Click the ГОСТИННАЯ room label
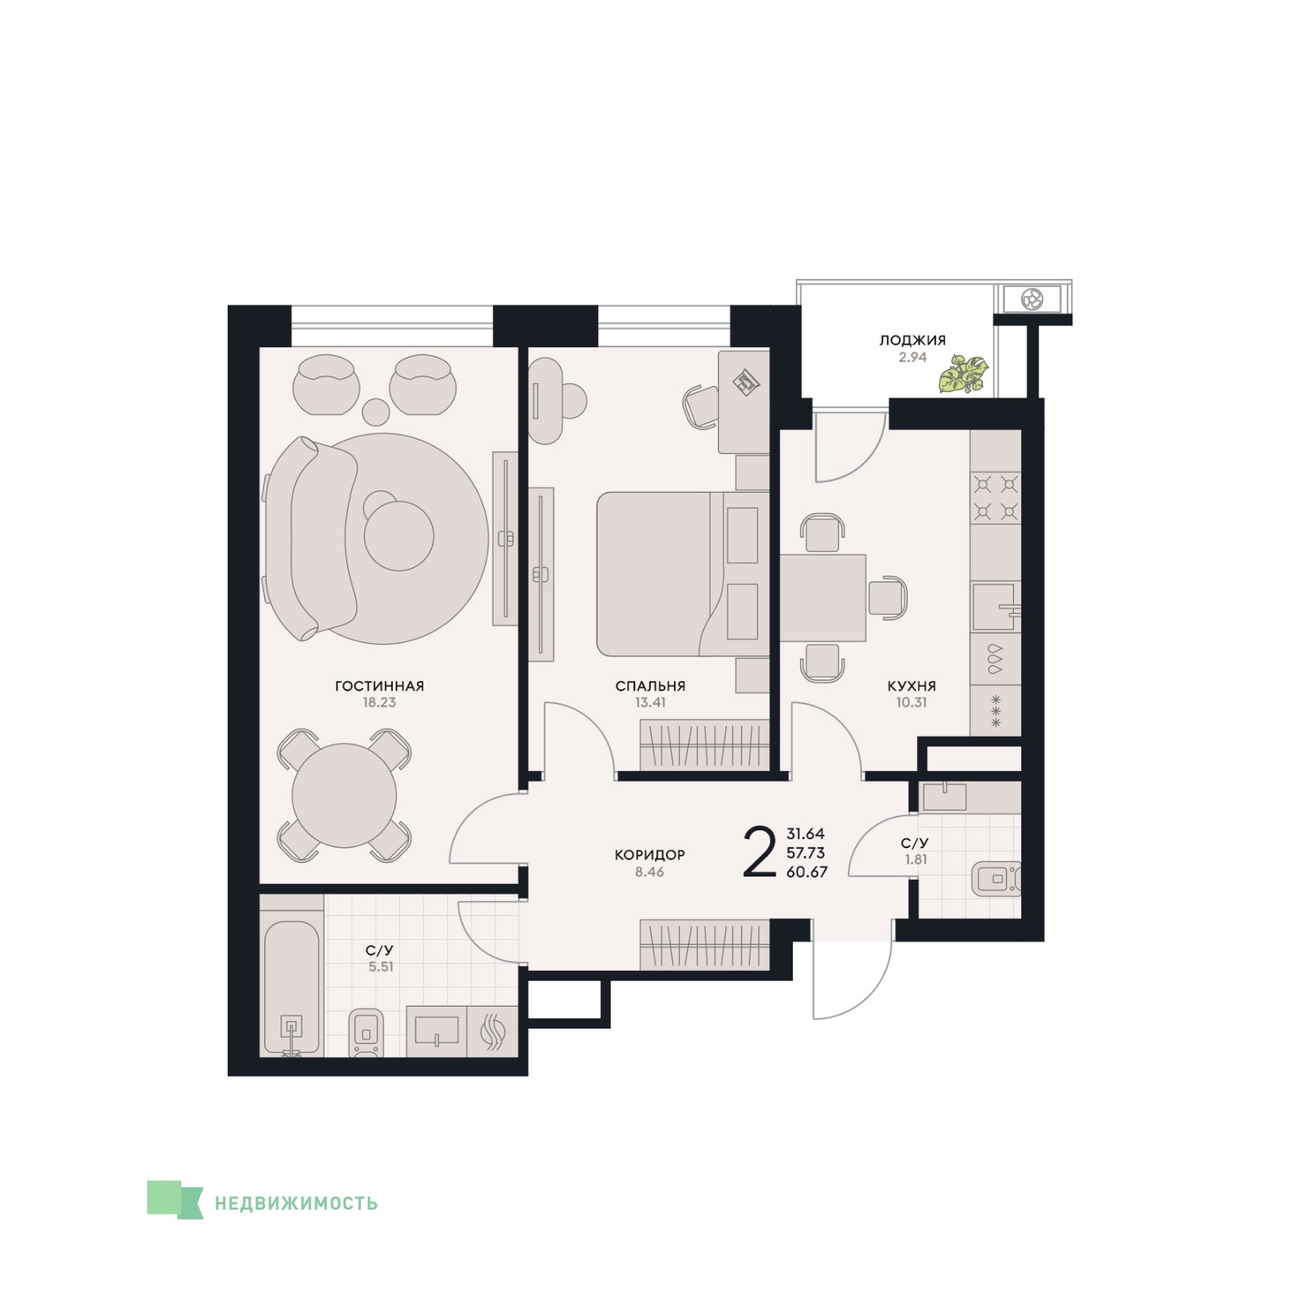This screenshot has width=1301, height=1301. (379, 686)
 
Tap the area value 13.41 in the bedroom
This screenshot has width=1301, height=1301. (650, 703)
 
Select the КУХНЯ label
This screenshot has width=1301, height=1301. (912, 686)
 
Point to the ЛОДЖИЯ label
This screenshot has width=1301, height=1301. (912, 341)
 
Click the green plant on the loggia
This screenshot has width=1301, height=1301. (964, 374)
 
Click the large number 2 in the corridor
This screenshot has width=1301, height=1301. (759, 852)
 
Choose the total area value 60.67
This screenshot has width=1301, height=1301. (807, 872)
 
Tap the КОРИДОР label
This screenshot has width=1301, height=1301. (650, 855)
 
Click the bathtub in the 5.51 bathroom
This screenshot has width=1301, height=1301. (291, 989)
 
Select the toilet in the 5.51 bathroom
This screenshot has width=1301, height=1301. (367, 1033)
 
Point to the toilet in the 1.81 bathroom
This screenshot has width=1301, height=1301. (996, 878)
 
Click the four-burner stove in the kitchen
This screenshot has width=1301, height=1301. (996, 498)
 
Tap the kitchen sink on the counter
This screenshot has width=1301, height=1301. (994, 607)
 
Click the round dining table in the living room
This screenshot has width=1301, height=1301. (344, 796)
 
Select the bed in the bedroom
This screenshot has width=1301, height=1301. (683, 573)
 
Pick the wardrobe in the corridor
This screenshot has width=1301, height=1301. (704, 944)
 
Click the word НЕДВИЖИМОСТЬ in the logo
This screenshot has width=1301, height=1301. (296, 1203)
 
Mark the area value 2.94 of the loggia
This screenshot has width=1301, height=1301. (912, 357)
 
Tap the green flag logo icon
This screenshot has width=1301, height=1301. (174, 1200)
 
